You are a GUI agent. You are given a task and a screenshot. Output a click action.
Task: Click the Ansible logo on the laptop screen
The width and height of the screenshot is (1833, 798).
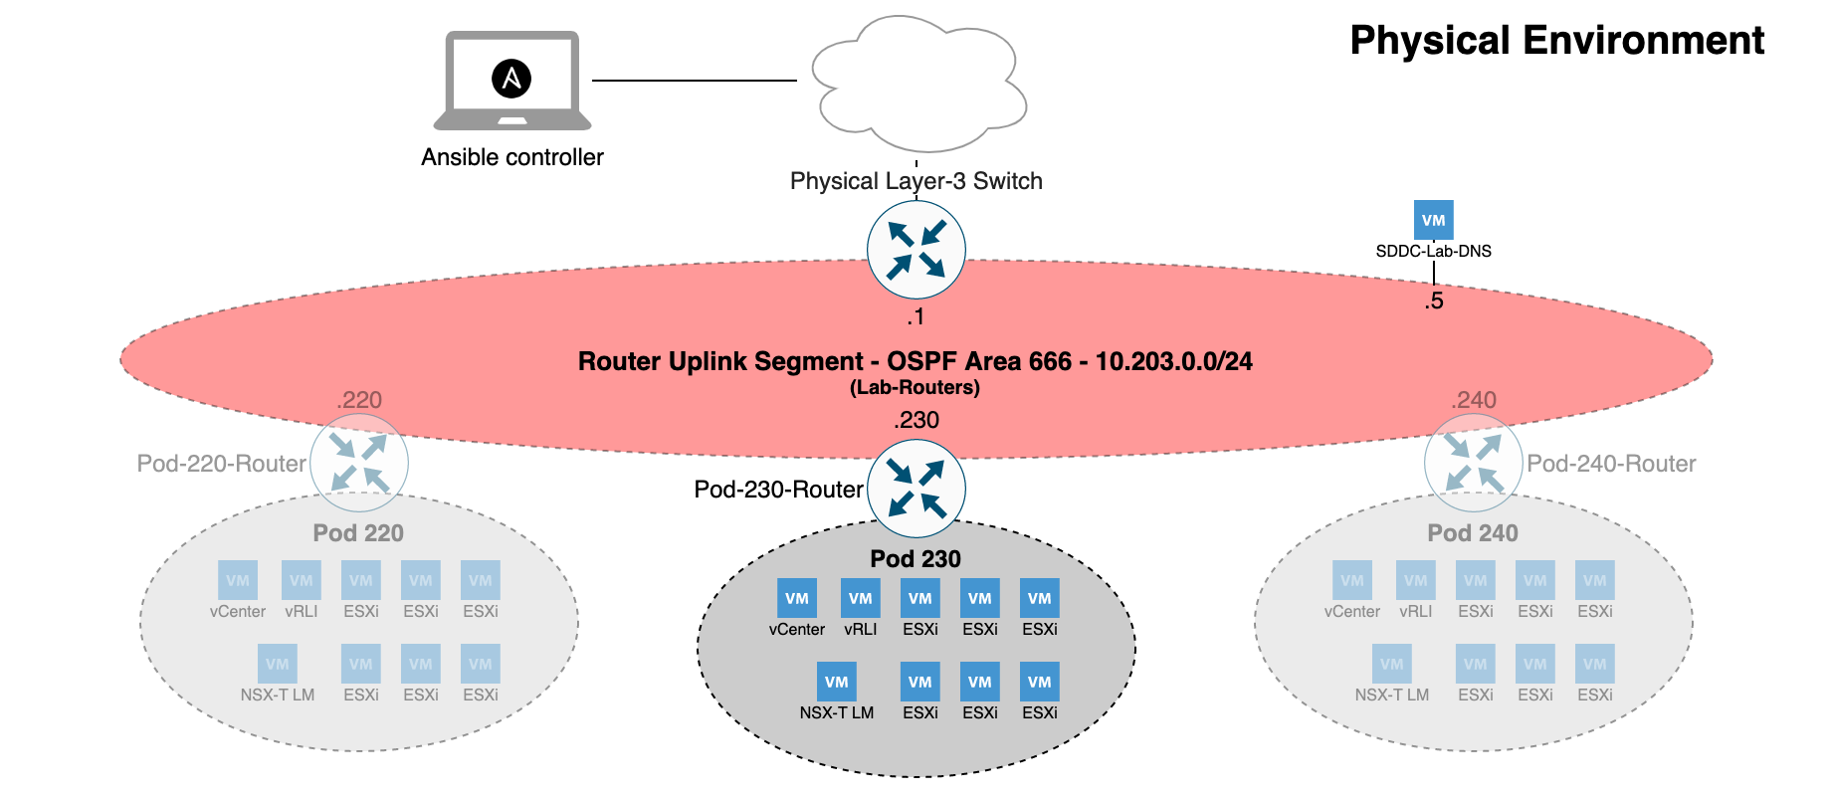coord(511,79)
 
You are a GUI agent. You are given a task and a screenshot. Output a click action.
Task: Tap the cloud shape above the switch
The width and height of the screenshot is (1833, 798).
coord(917,85)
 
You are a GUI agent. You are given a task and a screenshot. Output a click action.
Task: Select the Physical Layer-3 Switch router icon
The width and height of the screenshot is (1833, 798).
coord(916,250)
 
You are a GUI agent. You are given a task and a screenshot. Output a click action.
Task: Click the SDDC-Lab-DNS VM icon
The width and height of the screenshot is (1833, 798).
coord(1433,220)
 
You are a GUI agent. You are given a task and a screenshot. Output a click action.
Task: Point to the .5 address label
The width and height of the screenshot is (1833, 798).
coord(1433,301)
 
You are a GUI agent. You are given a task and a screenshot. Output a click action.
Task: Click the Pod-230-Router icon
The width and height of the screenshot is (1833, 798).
coord(916,489)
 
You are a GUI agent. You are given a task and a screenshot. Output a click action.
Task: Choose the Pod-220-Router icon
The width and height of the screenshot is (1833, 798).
coord(358,464)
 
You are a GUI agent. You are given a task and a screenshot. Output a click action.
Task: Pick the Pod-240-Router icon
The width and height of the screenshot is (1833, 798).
coord(1473,464)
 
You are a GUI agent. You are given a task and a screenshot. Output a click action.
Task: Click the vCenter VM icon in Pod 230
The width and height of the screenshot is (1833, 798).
coord(796,598)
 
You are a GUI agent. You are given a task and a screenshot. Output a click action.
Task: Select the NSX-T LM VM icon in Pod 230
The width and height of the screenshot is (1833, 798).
coord(836,682)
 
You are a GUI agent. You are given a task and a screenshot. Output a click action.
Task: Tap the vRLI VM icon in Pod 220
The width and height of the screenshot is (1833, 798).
coord(301,580)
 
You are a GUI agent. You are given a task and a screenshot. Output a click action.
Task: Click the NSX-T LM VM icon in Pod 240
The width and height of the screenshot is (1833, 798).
coord(1391,664)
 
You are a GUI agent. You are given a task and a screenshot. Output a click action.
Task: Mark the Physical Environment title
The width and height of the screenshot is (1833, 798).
coord(1556,41)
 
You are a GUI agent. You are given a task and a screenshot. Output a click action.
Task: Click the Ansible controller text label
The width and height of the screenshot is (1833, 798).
coord(511,157)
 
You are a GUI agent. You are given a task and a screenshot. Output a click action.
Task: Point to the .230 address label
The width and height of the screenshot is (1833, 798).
coord(916,420)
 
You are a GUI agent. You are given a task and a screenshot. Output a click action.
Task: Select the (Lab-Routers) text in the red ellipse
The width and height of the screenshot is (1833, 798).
coord(915,388)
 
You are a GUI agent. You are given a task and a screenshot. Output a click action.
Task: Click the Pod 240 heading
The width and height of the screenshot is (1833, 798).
coord(1472,533)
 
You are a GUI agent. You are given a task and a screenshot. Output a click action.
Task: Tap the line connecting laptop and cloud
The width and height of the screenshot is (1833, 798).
coord(694,80)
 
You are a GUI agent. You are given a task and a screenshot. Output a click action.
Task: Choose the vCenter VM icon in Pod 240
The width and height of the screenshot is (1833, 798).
coord(1351,580)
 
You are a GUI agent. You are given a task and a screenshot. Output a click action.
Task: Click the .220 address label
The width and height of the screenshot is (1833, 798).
coord(358,400)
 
